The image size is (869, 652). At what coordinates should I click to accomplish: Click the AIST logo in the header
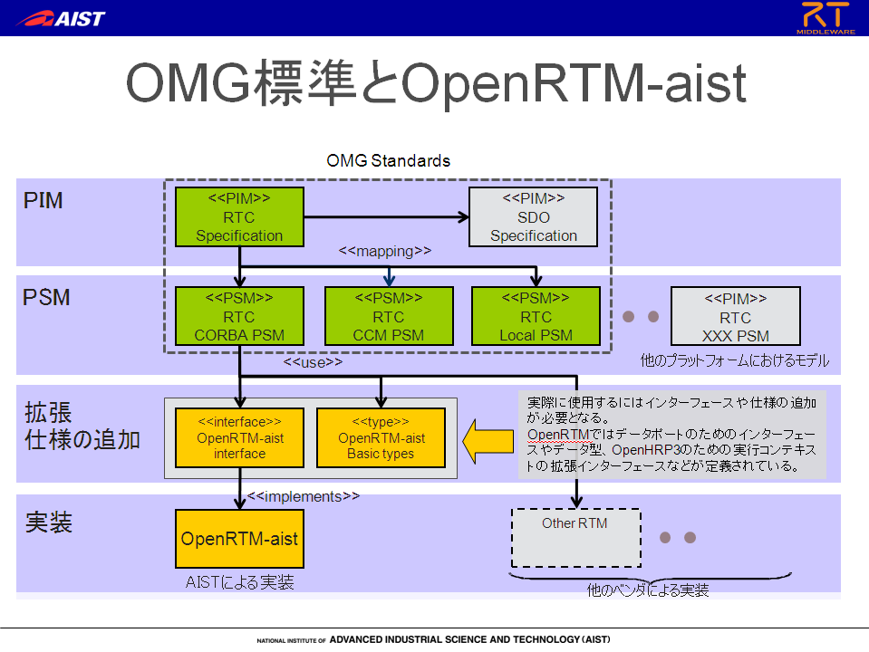[x=61, y=18]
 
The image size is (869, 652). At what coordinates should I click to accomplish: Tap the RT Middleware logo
[x=826, y=18]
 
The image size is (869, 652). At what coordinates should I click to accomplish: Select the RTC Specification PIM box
[x=239, y=216]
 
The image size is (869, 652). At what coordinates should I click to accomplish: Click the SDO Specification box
[x=533, y=216]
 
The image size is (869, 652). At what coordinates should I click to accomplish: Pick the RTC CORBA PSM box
[x=239, y=316]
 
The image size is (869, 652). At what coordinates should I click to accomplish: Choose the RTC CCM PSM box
[x=389, y=316]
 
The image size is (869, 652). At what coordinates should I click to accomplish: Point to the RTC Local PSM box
[x=536, y=316]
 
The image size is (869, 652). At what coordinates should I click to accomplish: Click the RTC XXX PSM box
[x=736, y=316]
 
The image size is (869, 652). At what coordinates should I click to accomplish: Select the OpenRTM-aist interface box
[x=239, y=437]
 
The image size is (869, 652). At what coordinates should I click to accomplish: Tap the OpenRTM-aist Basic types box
[x=381, y=437]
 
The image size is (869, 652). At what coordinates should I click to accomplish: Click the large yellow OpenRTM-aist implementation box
[x=239, y=539]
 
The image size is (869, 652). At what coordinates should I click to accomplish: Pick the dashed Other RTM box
[x=575, y=538]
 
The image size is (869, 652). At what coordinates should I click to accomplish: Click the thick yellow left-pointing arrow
[x=488, y=441]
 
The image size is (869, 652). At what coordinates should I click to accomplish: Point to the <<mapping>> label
[x=384, y=251]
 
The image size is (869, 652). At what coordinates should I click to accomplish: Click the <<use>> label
[x=313, y=362]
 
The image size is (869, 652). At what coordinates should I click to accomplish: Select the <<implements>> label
[x=304, y=496]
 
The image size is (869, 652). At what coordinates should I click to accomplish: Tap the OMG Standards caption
[x=388, y=160]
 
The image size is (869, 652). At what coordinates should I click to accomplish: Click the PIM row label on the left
[x=43, y=200]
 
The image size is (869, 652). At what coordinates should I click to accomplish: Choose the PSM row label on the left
[x=46, y=297]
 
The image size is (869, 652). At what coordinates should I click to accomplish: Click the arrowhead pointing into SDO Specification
[x=463, y=216]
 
